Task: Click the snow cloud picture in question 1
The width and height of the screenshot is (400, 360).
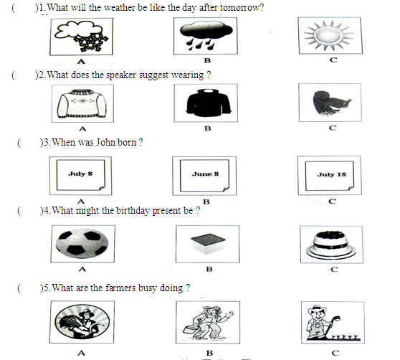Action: [x=81, y=37]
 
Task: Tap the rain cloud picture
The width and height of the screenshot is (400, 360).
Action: [x=206, y=36]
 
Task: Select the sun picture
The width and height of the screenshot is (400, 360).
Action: [x=329, y=35]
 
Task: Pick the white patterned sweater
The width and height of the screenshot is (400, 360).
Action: [x=82, y=103]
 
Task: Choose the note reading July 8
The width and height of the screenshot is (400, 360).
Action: [x=80, y=175]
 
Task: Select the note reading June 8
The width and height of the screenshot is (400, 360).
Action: [x=204, y=176]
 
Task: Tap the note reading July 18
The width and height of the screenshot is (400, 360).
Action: [x=330, y=176]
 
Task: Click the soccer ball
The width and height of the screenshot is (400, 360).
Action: [x=82, y=244]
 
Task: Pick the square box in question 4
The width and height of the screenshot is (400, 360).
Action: [x=208, y=244]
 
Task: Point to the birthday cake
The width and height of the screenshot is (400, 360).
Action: [x=331, y=245]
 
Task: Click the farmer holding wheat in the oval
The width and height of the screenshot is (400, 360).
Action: [x=82, y=322]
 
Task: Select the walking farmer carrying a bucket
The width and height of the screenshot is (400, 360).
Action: [x=208, y=322]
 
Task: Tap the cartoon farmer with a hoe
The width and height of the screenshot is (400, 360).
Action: [x=332, y=323]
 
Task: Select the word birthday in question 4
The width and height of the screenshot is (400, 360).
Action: [x=133, y=211]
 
